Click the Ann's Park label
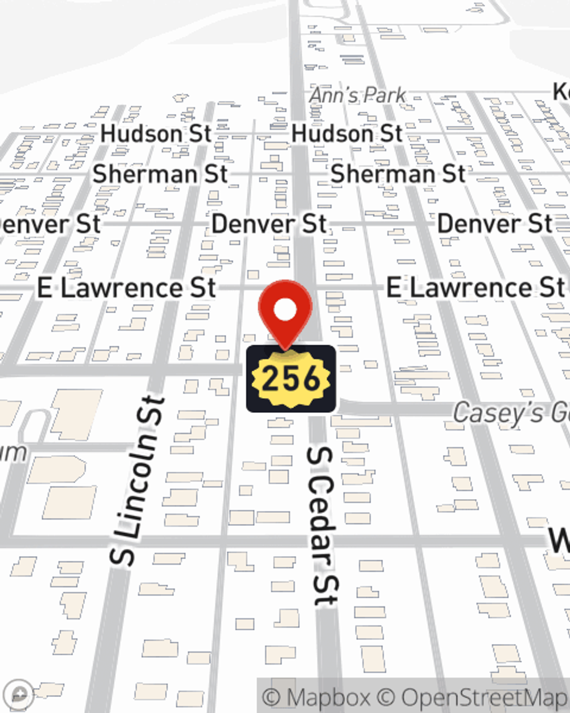coord(357,95)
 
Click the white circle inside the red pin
coord(286,310)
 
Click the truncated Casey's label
coord(511,412)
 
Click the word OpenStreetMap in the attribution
coord(483,698)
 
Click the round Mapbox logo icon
coord(19,694)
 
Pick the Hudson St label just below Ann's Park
coord(347,134)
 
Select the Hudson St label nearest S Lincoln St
coord(156,134)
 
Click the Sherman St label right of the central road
coord(398,174)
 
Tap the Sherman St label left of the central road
coord(160,174)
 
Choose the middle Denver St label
coord(269,224)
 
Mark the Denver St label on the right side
coord(494,224)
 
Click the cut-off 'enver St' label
coord(50,224)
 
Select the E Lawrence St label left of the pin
coord(127,288)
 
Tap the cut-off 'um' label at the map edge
coord(13,452)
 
